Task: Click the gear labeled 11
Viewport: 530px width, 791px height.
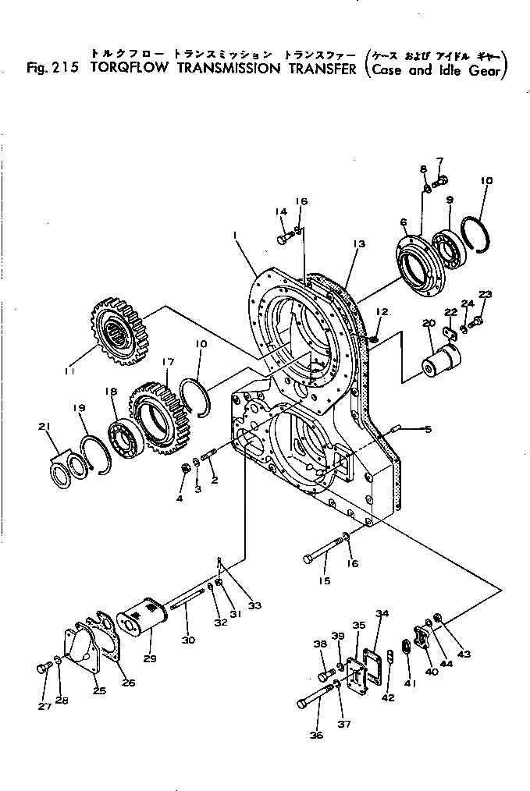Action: (x=119, y=332)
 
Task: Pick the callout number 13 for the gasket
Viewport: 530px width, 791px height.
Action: (x=358, y=244)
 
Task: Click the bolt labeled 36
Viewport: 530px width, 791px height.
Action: (x=313, y=695)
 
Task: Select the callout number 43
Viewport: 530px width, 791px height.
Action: (x=464, y=653)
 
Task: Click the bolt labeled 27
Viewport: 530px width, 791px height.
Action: (x=43, y=668)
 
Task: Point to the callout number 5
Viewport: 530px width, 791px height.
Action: (x=428, y=428)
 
